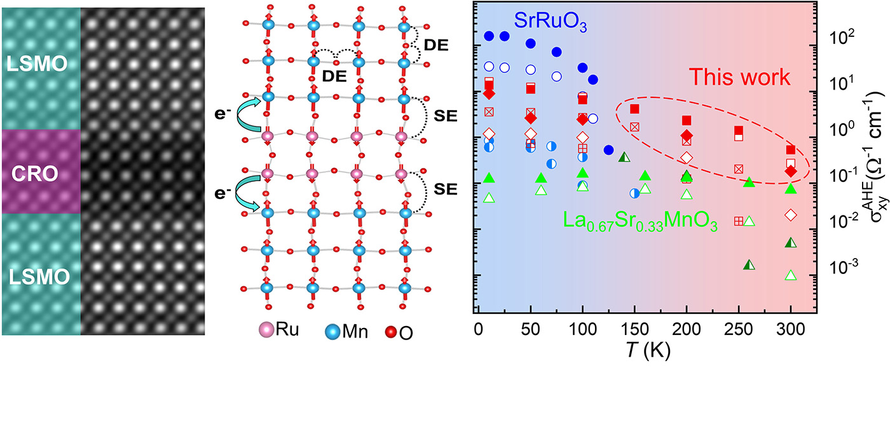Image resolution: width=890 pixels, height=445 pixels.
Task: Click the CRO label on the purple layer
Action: (41, 172)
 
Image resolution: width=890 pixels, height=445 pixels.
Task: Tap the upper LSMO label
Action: (41, 65)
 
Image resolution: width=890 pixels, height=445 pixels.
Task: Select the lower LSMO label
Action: (41, 277)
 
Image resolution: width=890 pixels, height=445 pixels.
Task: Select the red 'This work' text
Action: (740, 78)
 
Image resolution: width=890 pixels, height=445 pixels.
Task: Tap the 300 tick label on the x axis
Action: (791, 332)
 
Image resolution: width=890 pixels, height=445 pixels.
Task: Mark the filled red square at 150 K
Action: (634, 109)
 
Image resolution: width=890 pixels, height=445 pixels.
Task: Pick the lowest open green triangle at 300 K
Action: (791, 275)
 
